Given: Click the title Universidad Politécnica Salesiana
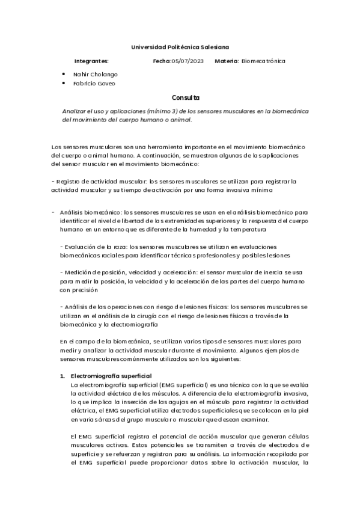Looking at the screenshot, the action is click(x=180, y=46).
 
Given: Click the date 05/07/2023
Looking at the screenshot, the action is click(x=188, y=61).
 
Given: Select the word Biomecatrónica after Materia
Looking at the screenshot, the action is click(x=263, y=61).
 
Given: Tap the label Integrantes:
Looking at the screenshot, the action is click(x=91, y=61).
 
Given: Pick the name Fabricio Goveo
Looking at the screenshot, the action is click(x=93, y=83).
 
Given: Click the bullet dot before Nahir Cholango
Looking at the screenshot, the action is click(x=64, y=73).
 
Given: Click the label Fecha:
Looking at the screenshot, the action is click(x=162, y=61).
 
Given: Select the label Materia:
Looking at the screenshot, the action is click(x=227, y=61).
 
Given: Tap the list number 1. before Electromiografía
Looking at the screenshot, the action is click(x=62, y=375).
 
